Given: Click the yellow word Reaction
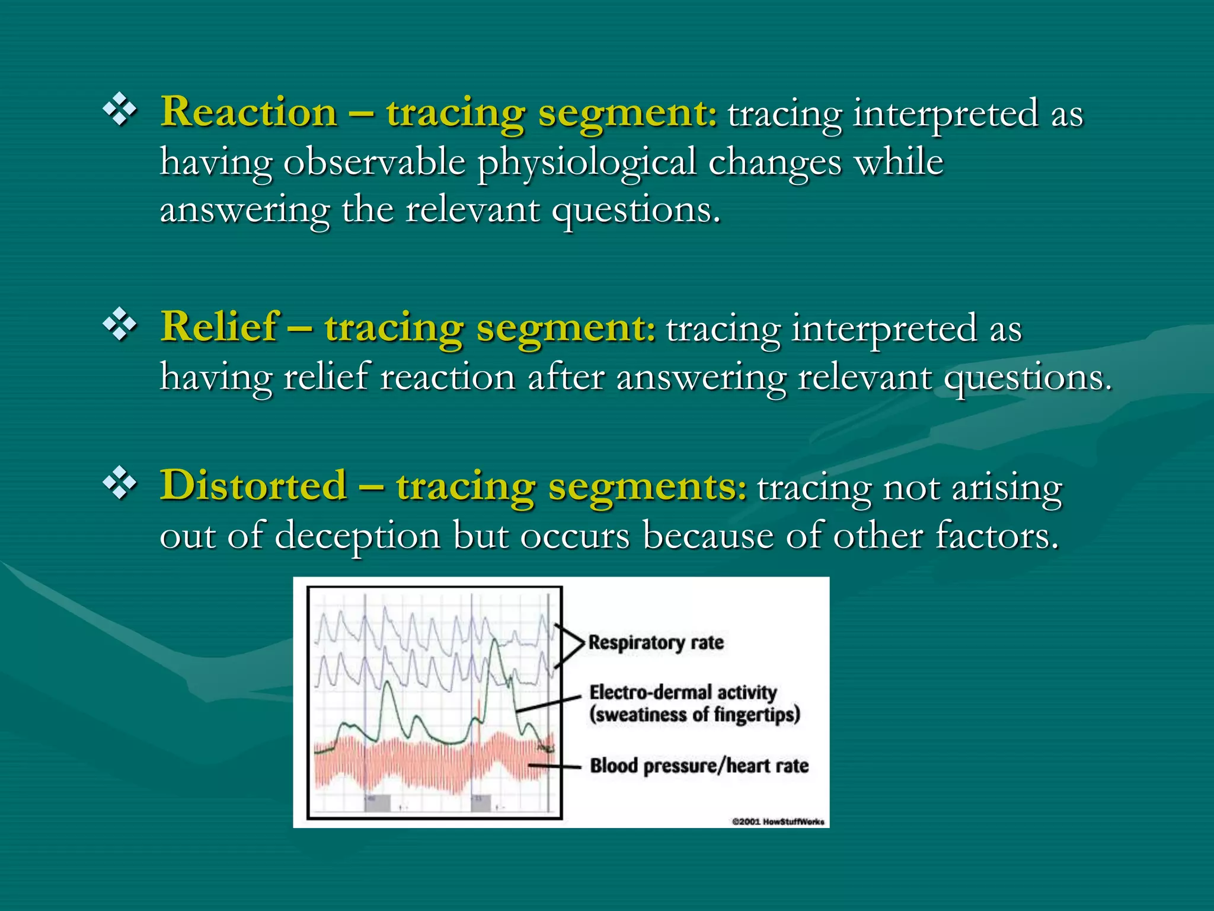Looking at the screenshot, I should coord(248,112).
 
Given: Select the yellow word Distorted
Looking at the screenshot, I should coord(253,486).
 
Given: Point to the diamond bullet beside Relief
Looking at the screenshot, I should coord(120,324).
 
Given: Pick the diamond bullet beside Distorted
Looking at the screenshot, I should coord(120,483).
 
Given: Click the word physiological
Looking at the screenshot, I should coord(586,163).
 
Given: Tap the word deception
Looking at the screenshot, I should coord(357,536).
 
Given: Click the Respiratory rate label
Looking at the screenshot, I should coord(656,642).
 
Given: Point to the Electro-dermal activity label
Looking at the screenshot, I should coord(682,692).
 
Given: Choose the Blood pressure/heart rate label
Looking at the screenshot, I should coord(699,766).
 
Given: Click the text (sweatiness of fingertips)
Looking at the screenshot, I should coord(694,715).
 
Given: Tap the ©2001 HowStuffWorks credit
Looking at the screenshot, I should coord(778,821).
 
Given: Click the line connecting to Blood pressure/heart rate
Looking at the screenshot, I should coord(554,766).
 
